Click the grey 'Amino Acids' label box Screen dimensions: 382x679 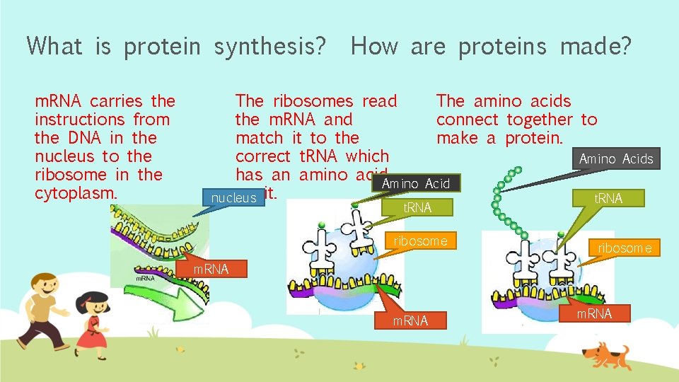(616, 159)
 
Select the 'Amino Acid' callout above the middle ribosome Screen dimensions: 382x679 (415, 184)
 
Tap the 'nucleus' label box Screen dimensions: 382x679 (233, 198)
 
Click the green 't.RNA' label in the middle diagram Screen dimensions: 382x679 (417, 207)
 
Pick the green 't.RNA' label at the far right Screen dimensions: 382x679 (608, 198)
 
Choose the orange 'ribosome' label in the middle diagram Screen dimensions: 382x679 (420, 241)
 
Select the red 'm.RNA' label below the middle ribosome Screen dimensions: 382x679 (410, 321)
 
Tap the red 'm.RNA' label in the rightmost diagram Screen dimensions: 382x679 (594, 313)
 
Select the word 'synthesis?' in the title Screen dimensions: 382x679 (270, 47)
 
